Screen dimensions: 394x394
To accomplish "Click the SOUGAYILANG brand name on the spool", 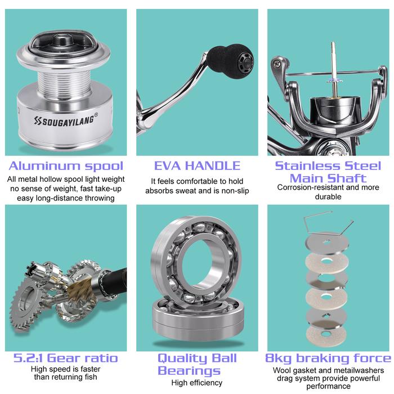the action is (x=64, y=120).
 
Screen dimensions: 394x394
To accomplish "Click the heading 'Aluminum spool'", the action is (x=66, y=166).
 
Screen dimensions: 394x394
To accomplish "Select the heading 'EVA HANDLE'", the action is (x=197, y=166).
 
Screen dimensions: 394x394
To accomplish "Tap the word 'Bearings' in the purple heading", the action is (x=189, y=370).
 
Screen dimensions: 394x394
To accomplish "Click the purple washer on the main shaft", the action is (x=334, y=81).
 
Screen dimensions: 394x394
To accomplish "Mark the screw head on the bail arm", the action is (x=277, y=64).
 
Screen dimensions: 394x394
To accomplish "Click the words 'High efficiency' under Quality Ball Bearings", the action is (x=197, y=383).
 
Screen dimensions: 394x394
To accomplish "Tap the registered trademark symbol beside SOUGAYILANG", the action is (x=96, y=115).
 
